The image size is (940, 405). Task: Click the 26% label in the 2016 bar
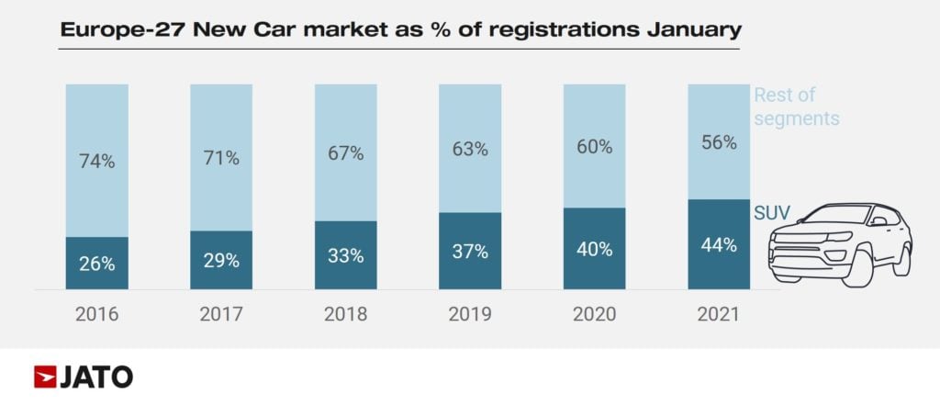click(x=96, y=264)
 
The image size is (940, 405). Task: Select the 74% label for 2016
click(x=96, y=162)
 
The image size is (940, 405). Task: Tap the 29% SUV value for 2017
click(x=221, y=260)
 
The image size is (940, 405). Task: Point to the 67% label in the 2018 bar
click(x=346, y=154)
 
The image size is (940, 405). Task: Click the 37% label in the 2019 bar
click(x=470, y=252)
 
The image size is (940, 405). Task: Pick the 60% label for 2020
click(x=595, y=147)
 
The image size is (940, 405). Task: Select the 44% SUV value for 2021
click(x=719, y=244)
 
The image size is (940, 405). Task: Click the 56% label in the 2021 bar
click(x=719, y=142)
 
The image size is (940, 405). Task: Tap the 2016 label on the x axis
click(x=96, y=314)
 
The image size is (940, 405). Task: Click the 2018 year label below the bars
click(x=346, y=314)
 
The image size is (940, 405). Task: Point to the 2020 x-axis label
click(x=595, y=314)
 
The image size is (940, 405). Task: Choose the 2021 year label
click(x=719, y=314)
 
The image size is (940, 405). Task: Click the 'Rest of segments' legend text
click(x=796, y=107)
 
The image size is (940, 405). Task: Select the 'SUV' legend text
click(x=772, y=213)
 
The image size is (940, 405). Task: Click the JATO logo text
click(x=97, y=377)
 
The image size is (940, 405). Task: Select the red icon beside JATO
click(x=45, y=377)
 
